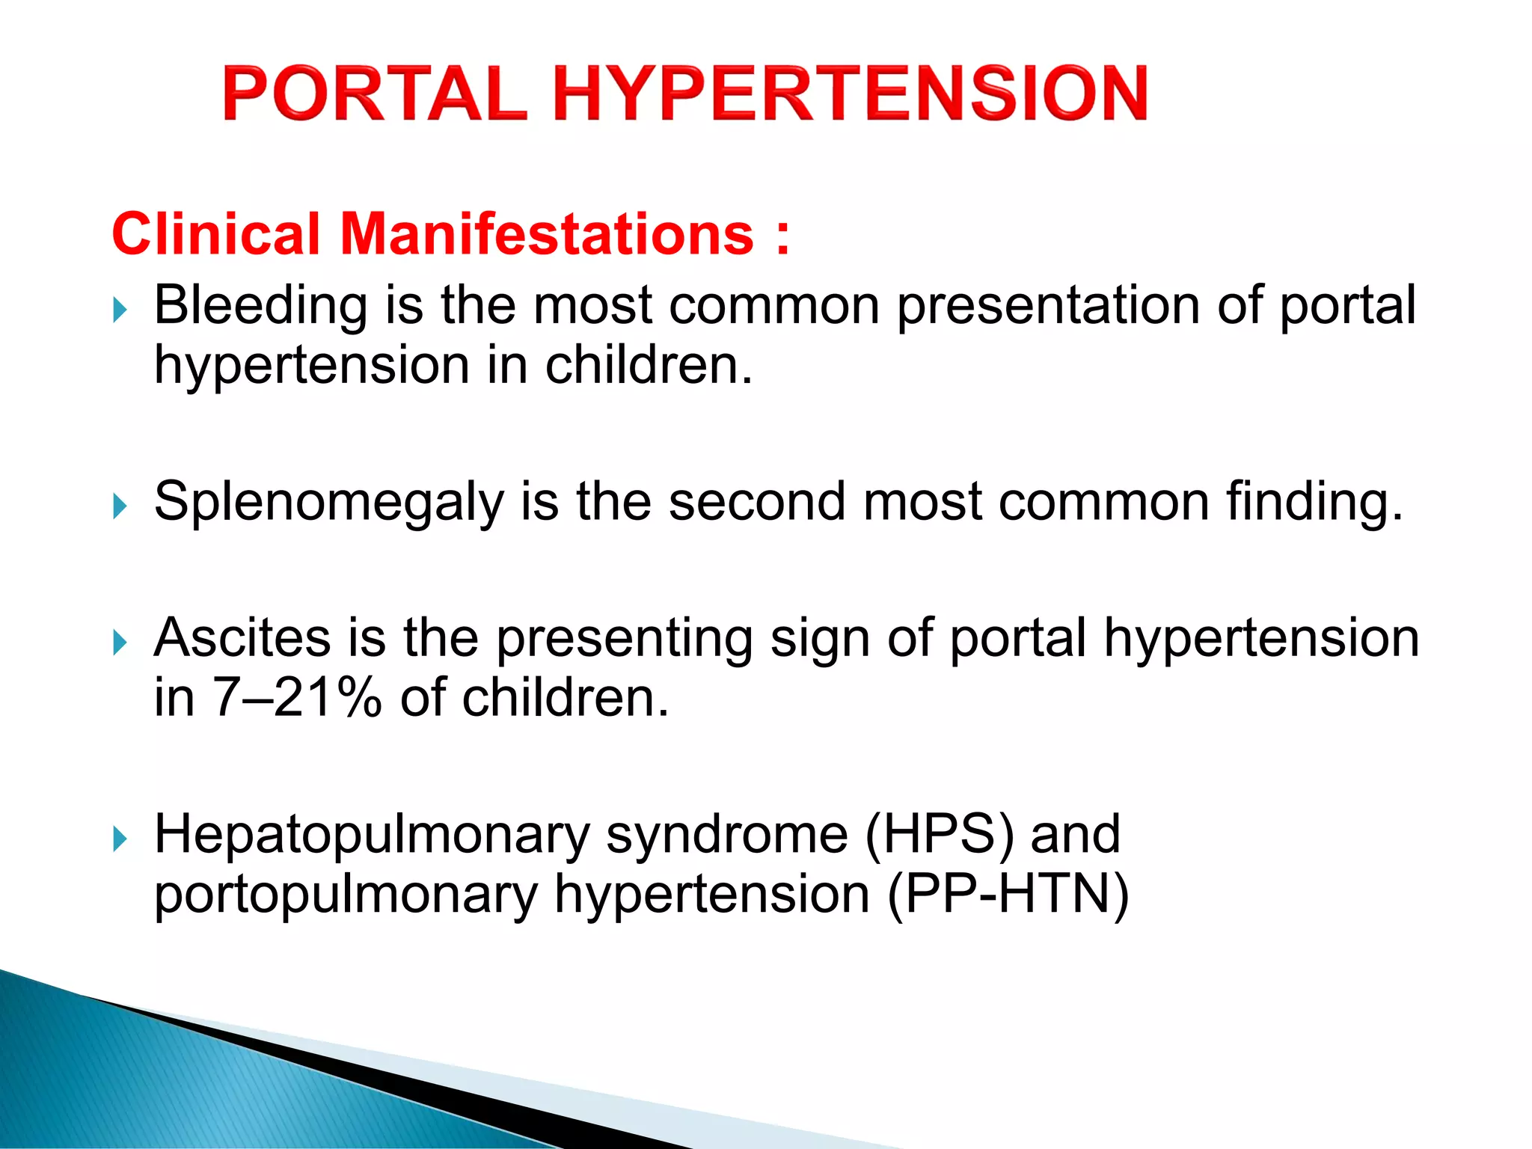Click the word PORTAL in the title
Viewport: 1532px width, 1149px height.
(374, 94)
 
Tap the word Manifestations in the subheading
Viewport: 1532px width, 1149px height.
(546, 234)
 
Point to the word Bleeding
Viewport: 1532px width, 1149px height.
(260, 306)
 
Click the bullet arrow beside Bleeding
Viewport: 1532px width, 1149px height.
(120, 309)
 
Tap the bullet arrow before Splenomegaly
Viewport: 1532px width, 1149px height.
(120, 506)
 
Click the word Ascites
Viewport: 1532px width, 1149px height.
(242, 638)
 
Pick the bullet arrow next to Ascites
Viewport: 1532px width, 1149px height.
(120, 642)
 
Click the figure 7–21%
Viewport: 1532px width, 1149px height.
(297, 699)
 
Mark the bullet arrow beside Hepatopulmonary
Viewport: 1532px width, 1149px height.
(120, 839)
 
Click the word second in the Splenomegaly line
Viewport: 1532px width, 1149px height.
(757, 501)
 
